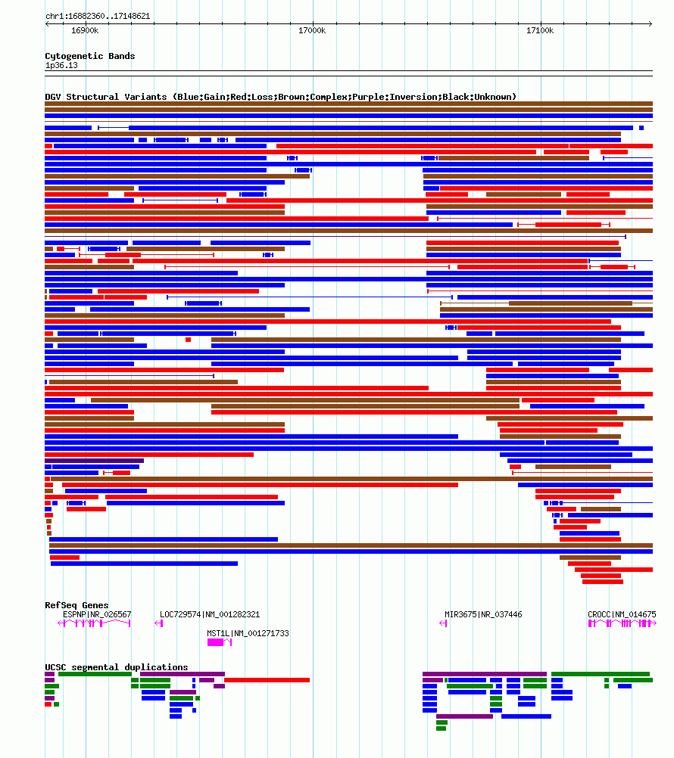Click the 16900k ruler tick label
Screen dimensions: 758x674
coord(85,31)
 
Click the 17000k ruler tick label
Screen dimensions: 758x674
coord(312,31)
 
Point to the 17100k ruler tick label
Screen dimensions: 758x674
coord(540,31)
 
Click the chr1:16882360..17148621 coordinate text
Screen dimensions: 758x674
coord(98,16)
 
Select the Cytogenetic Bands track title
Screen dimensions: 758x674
coord(90,56)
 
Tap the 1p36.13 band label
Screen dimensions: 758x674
coord(61,65)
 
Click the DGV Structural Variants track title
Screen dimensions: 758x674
coord(281,97)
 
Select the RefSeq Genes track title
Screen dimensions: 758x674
coord(76,605)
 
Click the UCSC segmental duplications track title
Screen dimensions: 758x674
coord(117,667)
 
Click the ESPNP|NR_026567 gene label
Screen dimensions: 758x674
coord(97,614)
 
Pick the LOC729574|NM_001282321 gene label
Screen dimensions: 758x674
coord(210,614)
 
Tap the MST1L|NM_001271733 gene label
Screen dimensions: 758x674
coord(248,633)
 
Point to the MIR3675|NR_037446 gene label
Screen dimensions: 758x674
coord(483,614)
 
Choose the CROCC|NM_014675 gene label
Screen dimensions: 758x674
coord(622,614)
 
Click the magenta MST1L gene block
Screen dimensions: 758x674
coord(216,642)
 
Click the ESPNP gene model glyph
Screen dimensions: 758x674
coord(95,623)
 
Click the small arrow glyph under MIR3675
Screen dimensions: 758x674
coord(443,623)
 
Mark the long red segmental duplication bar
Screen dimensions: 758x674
coord(267,680)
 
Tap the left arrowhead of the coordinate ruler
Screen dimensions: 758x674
coord(48,23)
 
